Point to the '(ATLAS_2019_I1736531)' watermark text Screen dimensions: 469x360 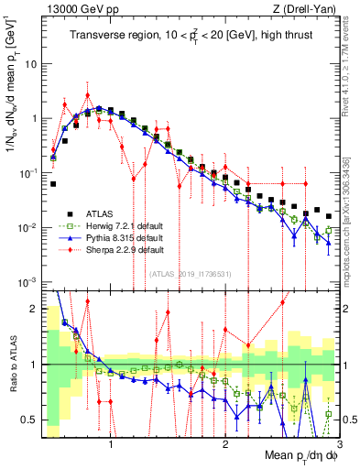coord(191,273)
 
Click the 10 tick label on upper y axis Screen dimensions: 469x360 coord(33,65)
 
